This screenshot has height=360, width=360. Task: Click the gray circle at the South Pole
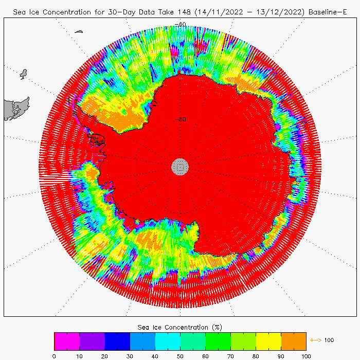coord(180,166)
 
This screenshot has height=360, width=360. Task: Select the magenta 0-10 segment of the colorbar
coord(67,341)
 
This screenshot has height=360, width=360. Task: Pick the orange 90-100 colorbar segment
coord(294,341)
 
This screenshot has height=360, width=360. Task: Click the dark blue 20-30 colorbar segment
coord(117,341)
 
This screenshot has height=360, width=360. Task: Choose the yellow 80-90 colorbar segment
coord(268,341)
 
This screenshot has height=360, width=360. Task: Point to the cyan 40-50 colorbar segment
coord(168,341)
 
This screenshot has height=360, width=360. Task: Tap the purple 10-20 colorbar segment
coord(92,341)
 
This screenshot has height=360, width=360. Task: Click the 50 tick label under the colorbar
coord(180,355)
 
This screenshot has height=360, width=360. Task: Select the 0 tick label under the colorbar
coord(54,355)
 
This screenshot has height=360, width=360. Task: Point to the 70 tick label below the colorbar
coord(230,355)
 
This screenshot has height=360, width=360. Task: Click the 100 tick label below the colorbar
coord(306,355)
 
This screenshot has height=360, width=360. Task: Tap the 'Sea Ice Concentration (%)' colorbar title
coord(180,327)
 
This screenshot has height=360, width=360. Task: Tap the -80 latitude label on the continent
coord(180,119)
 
